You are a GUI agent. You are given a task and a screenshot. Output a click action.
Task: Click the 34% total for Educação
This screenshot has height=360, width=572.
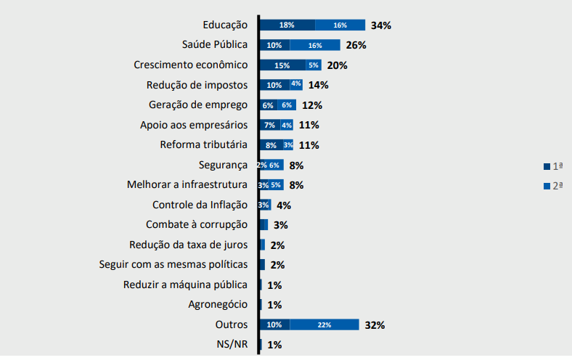coord(380,25)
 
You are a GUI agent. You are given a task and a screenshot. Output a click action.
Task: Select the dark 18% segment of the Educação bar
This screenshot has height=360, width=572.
coord(287,25)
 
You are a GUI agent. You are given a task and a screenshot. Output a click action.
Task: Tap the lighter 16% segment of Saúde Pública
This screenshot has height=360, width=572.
coord(314,45)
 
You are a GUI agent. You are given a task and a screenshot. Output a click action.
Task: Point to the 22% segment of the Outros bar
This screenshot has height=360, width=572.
coord(324,324)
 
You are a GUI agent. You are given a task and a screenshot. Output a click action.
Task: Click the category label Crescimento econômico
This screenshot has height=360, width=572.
coord(191,65)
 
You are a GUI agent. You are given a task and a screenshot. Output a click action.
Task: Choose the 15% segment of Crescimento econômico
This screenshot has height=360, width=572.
coord(282,65)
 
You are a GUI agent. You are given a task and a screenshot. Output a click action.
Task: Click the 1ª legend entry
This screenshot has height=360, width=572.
coord(553,166)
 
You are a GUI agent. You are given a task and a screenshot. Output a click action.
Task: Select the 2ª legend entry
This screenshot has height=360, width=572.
coord(553,186)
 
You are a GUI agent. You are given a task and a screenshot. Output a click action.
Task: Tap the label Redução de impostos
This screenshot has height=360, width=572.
coord(197,85)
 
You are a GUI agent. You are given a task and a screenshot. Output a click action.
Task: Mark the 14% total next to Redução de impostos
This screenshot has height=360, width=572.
coord(318,85)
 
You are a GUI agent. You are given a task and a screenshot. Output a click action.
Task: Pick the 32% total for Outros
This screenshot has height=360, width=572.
coord(375,324)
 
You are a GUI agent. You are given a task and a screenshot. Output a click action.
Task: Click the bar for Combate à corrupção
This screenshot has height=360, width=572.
coord(263,225)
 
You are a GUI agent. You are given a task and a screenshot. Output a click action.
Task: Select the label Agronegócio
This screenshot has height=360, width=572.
coord(217,304)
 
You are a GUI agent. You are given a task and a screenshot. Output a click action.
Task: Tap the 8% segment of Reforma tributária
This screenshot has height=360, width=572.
coord(271,145)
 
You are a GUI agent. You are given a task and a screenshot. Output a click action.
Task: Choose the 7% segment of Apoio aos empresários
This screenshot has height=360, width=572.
coord(269,125)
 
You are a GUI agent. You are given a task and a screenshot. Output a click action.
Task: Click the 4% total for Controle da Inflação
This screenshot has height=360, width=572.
coord(284,205)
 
